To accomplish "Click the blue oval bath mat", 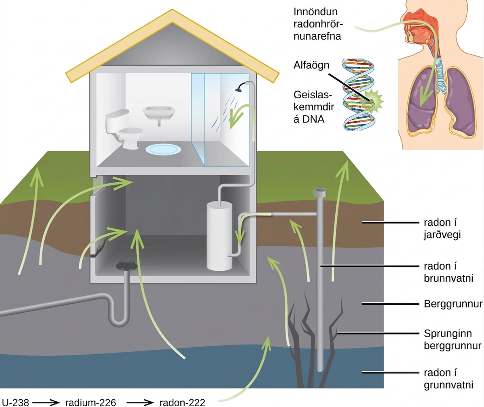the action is pyautogui.click(x=163, y=149).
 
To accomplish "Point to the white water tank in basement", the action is pyautogui.click(x=219, y=236).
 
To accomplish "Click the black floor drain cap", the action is pyautogui.click(x=127, y=265).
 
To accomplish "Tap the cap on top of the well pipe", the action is pyautogui.click(x=320, y=192).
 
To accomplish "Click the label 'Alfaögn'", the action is pyautogui.click(x=311, y=65).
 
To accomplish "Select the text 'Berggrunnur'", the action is pyautogui.click(x=453, y=304).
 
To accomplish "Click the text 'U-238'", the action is pyautogui.click(x=15, y=403).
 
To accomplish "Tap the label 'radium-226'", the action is pyautogui.click(x=90, y=403).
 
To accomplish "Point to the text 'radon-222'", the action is pyautogui.click(x=182, y=403).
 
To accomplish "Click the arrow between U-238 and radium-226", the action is pyautogui.click(x=46, y=403).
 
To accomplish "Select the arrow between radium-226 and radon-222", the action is pyautogui.click(x=140, y=403).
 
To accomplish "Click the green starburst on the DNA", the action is pyautogui.click(x=373, y=101).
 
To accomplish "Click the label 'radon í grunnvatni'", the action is pyautogui.click(x=449, y=379).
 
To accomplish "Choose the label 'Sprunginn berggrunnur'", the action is pyautogui.click(x=453, y=340).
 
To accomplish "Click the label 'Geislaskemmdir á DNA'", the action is pyautogui.click(x=314, y=107).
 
